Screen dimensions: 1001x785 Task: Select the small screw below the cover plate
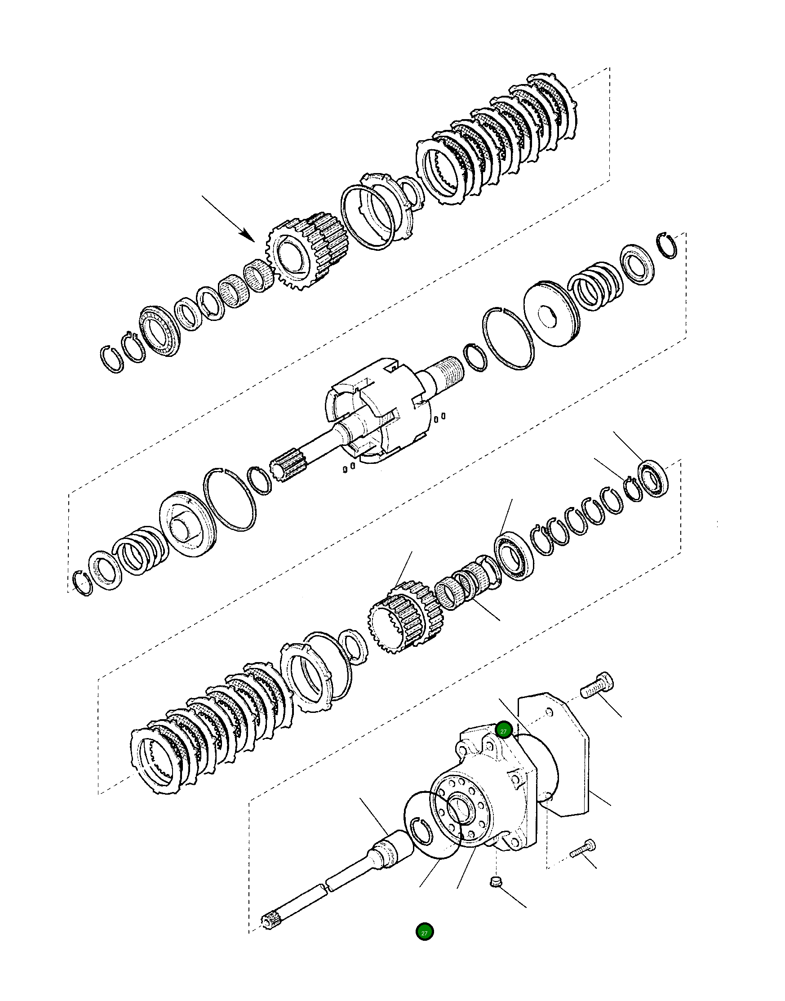(582, 849)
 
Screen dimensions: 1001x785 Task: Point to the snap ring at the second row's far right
(667, 245)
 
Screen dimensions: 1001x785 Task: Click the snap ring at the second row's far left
(82, 583)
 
